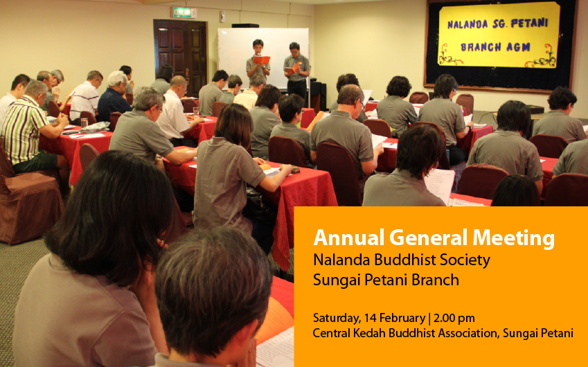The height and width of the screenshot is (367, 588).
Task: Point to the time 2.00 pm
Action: pyautogui.click(x=454, y=319)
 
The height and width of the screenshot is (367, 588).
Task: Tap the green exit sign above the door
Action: pyautogui.click(x=184, y=12)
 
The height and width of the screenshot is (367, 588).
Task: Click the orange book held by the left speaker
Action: pyautogui.click(x=261, y=60)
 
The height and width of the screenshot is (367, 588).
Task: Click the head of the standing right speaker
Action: pyautogui.click(x=294, y=48)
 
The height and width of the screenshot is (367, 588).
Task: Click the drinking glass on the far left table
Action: pyautogui.click(x=84, y=123)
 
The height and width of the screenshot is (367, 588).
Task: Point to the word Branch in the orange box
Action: pyautogui.click(x=435, y=280)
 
